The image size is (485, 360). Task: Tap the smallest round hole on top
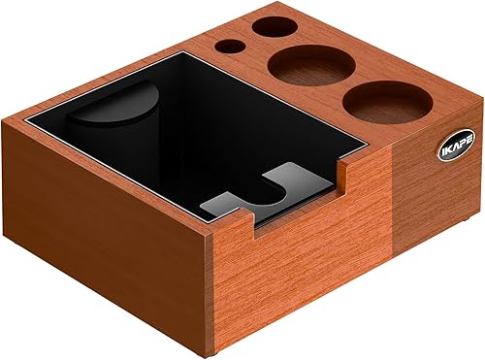[x=230, y=46]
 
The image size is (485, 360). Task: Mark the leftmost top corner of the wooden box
[x=5, y=122]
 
